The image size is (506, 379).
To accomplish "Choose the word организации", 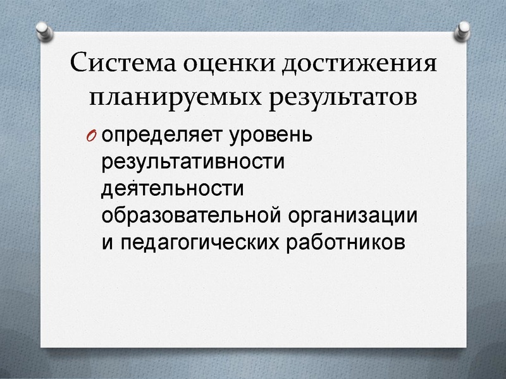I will pos(354,215).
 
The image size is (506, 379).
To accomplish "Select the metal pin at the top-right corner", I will pos(464,28).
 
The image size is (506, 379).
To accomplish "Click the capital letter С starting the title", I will pos(80,64).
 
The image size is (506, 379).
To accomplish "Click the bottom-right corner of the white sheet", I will pos(466,348).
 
